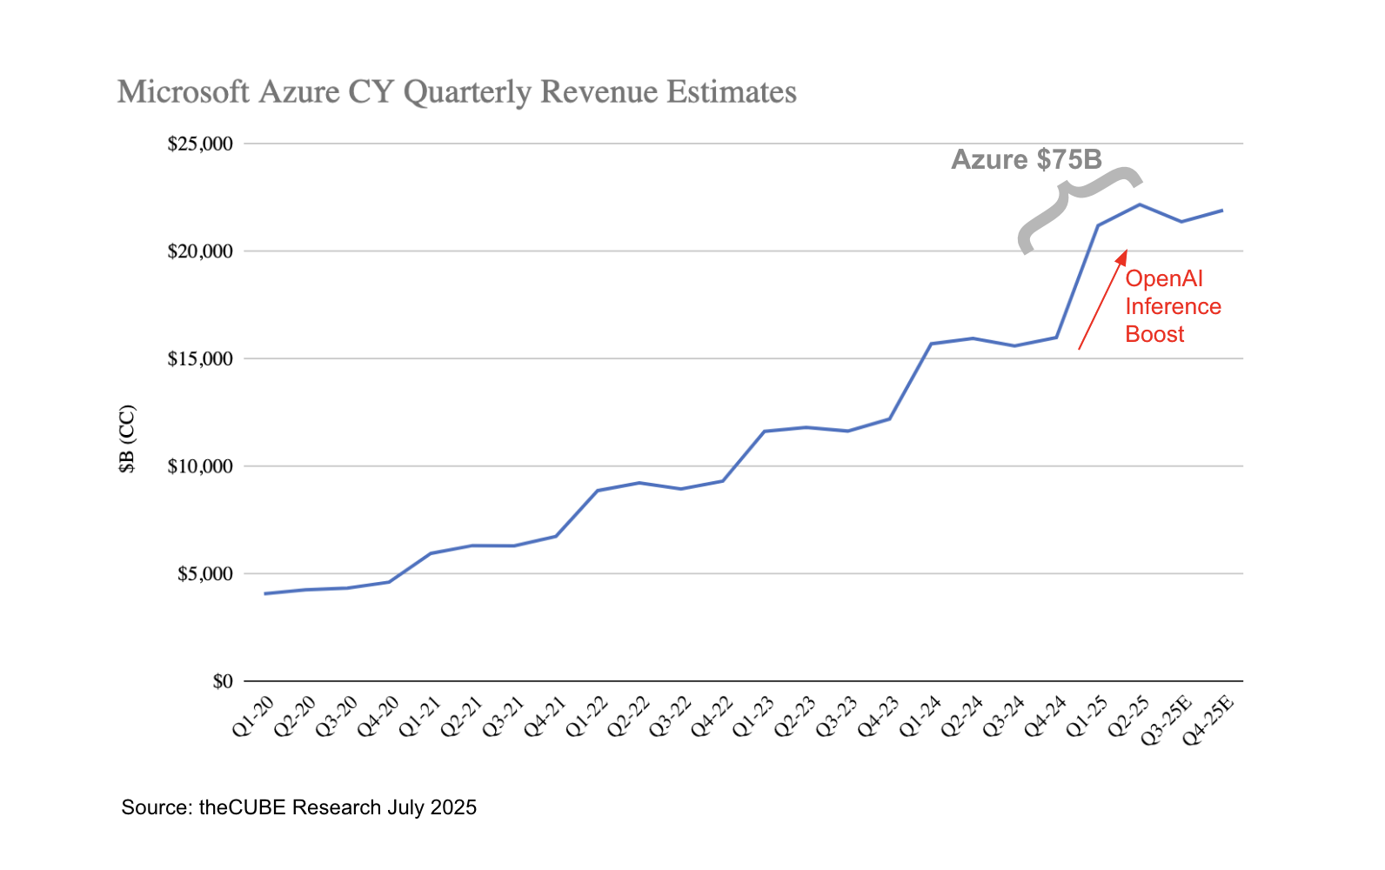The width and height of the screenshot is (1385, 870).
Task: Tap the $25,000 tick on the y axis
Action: point(200,144)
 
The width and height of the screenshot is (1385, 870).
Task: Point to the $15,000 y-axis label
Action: point(200,358)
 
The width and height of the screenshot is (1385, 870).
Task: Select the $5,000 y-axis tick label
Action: point(204,574)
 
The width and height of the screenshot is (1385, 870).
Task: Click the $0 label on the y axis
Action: point(223,681)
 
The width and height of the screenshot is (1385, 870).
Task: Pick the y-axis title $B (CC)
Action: point(128,439)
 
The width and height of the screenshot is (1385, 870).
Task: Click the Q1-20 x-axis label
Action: point(253,717)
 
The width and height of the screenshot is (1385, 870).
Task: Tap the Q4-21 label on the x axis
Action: point(545,717)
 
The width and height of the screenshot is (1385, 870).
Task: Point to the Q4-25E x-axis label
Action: point(1208,720)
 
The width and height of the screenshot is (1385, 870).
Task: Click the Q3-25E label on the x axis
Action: point(1167,720)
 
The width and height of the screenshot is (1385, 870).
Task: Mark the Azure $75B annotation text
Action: point(1027,159)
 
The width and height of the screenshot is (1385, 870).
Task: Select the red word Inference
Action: point(1173,306)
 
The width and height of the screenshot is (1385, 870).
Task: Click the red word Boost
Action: point(1154,334)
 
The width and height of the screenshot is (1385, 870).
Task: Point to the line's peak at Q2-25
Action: point(1140,204)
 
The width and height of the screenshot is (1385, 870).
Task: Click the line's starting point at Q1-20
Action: point(264,593)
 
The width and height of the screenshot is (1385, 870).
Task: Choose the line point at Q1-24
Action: point(931,344)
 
